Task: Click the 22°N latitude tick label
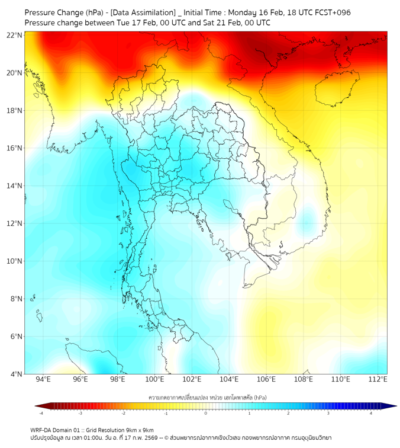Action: point(15,35)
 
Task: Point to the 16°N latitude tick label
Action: point(15,148)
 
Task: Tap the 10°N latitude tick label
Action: point(15,261)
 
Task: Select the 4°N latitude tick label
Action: point(16,375)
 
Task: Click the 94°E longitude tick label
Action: point(43,380)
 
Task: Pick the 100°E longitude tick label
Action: point(154,380)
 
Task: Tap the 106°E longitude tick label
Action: point(266,380)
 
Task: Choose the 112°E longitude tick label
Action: point(378,380)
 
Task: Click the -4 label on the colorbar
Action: point(41,413)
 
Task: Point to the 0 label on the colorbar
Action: point(206,413)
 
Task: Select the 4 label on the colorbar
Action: point(371,413)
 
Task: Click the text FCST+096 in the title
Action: point(336,12)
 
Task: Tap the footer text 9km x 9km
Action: point(140,430)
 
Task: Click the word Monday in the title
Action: point(244,12)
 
